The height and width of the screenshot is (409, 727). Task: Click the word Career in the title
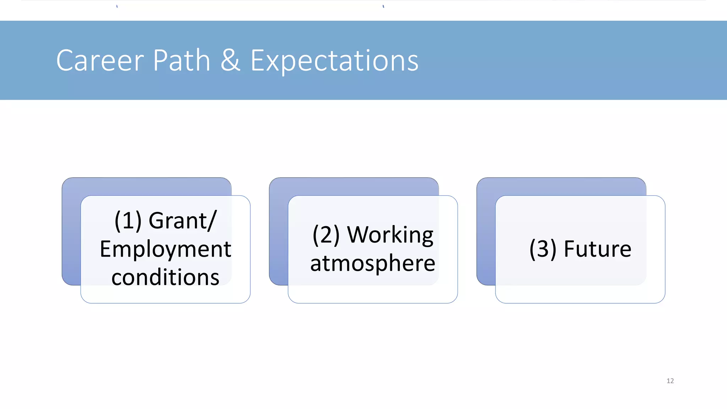[100, 60]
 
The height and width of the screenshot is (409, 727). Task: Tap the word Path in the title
[181, 60]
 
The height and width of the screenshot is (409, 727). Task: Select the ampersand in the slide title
[230, 60]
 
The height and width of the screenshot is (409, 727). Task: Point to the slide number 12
[670, 381]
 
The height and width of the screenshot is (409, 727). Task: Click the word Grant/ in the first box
[182, 220]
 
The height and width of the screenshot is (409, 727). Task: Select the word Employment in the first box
[165, 249]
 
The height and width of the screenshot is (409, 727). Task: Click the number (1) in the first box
[128, 221]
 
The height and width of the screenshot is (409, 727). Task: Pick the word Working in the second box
[390, 235]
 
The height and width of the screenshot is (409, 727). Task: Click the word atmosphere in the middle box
[373, 263]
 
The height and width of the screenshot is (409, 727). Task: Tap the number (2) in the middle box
[326, 235]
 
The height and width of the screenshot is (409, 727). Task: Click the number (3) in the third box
[543, 249]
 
